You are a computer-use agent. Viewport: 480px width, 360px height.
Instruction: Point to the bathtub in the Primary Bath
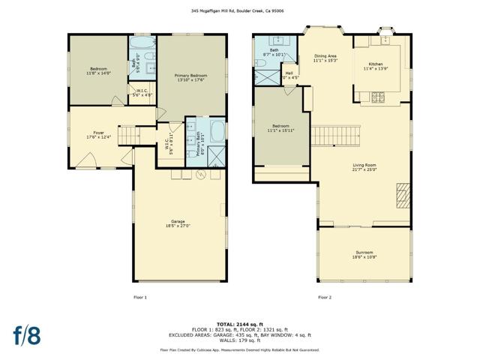pos(215,134)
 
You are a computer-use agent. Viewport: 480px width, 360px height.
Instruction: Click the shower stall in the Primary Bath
pos(215,155)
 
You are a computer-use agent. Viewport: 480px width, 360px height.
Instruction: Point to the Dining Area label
pos(325,58)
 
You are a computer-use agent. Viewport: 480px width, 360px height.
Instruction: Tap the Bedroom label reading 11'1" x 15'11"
pos(281,128)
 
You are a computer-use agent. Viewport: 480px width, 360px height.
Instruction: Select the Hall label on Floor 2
pos(289,75)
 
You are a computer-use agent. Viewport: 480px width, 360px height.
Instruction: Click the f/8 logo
pos(25,335)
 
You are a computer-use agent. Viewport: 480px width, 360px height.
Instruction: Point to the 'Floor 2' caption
pos(324,298)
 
